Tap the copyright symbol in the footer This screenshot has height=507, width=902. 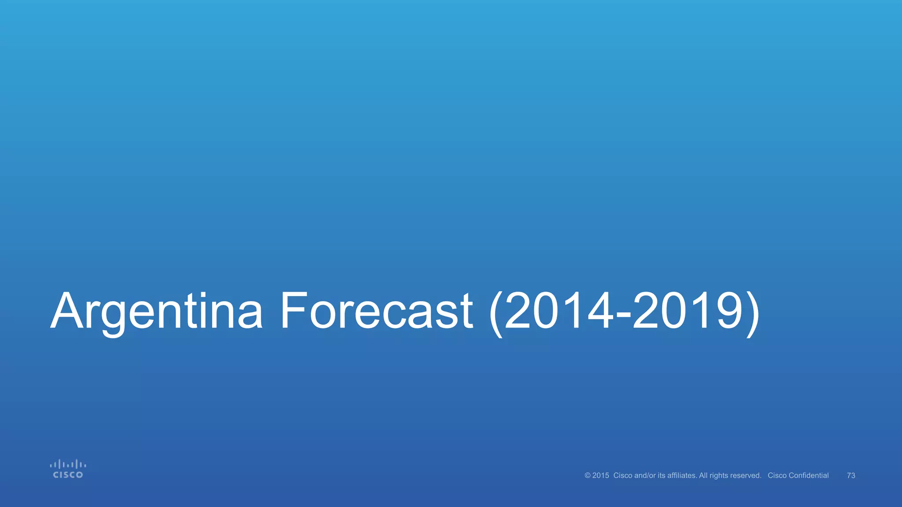click(588, 475)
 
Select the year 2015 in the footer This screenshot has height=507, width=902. click(601, 475)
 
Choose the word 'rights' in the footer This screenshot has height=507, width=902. click(719, 476)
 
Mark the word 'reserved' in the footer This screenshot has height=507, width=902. click(746, 475)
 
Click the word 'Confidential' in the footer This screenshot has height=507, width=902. click(809, 475)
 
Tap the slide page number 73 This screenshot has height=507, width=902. click(851, 475)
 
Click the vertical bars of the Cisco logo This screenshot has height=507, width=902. click(68, 464)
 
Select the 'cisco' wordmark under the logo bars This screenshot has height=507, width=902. click(68, 475)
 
